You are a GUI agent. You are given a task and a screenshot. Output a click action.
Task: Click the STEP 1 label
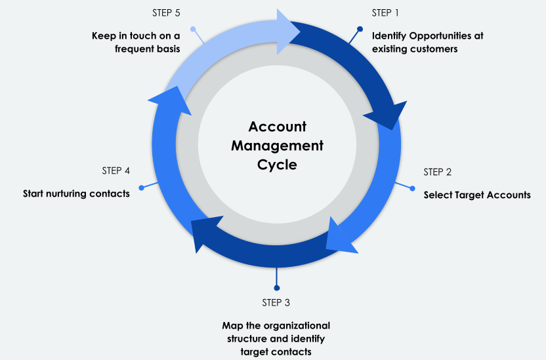tap(385, 12)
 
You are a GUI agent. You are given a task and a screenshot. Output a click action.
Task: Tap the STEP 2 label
tap(438, 172)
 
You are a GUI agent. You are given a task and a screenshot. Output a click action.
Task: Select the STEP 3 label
tap(276, 302)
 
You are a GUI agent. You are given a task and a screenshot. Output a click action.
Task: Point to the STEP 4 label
tap(115, 170)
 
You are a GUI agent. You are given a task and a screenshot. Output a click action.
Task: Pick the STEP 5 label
tap(167, 12)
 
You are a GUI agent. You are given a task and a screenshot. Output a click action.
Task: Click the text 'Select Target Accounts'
tap(477, 195)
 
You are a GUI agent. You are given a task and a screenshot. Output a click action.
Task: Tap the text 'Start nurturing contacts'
tap(76, 193)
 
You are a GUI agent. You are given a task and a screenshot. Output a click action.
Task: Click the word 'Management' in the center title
tap(277, 146)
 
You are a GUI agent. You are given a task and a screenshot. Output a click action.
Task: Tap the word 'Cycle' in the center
tap(277, 165)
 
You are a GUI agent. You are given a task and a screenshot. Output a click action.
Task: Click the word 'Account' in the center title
tap(277, 127)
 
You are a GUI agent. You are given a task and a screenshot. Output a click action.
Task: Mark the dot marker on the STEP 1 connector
tap(360, 29)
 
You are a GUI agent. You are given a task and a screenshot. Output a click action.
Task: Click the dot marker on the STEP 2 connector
tap(413, 188)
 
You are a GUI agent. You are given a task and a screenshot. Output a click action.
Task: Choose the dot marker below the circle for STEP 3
tap(276, 287)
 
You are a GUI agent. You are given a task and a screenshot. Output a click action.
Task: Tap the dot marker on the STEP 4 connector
tap(141, 188)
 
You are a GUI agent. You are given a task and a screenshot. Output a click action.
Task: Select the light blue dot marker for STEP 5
tap(193, 29)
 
